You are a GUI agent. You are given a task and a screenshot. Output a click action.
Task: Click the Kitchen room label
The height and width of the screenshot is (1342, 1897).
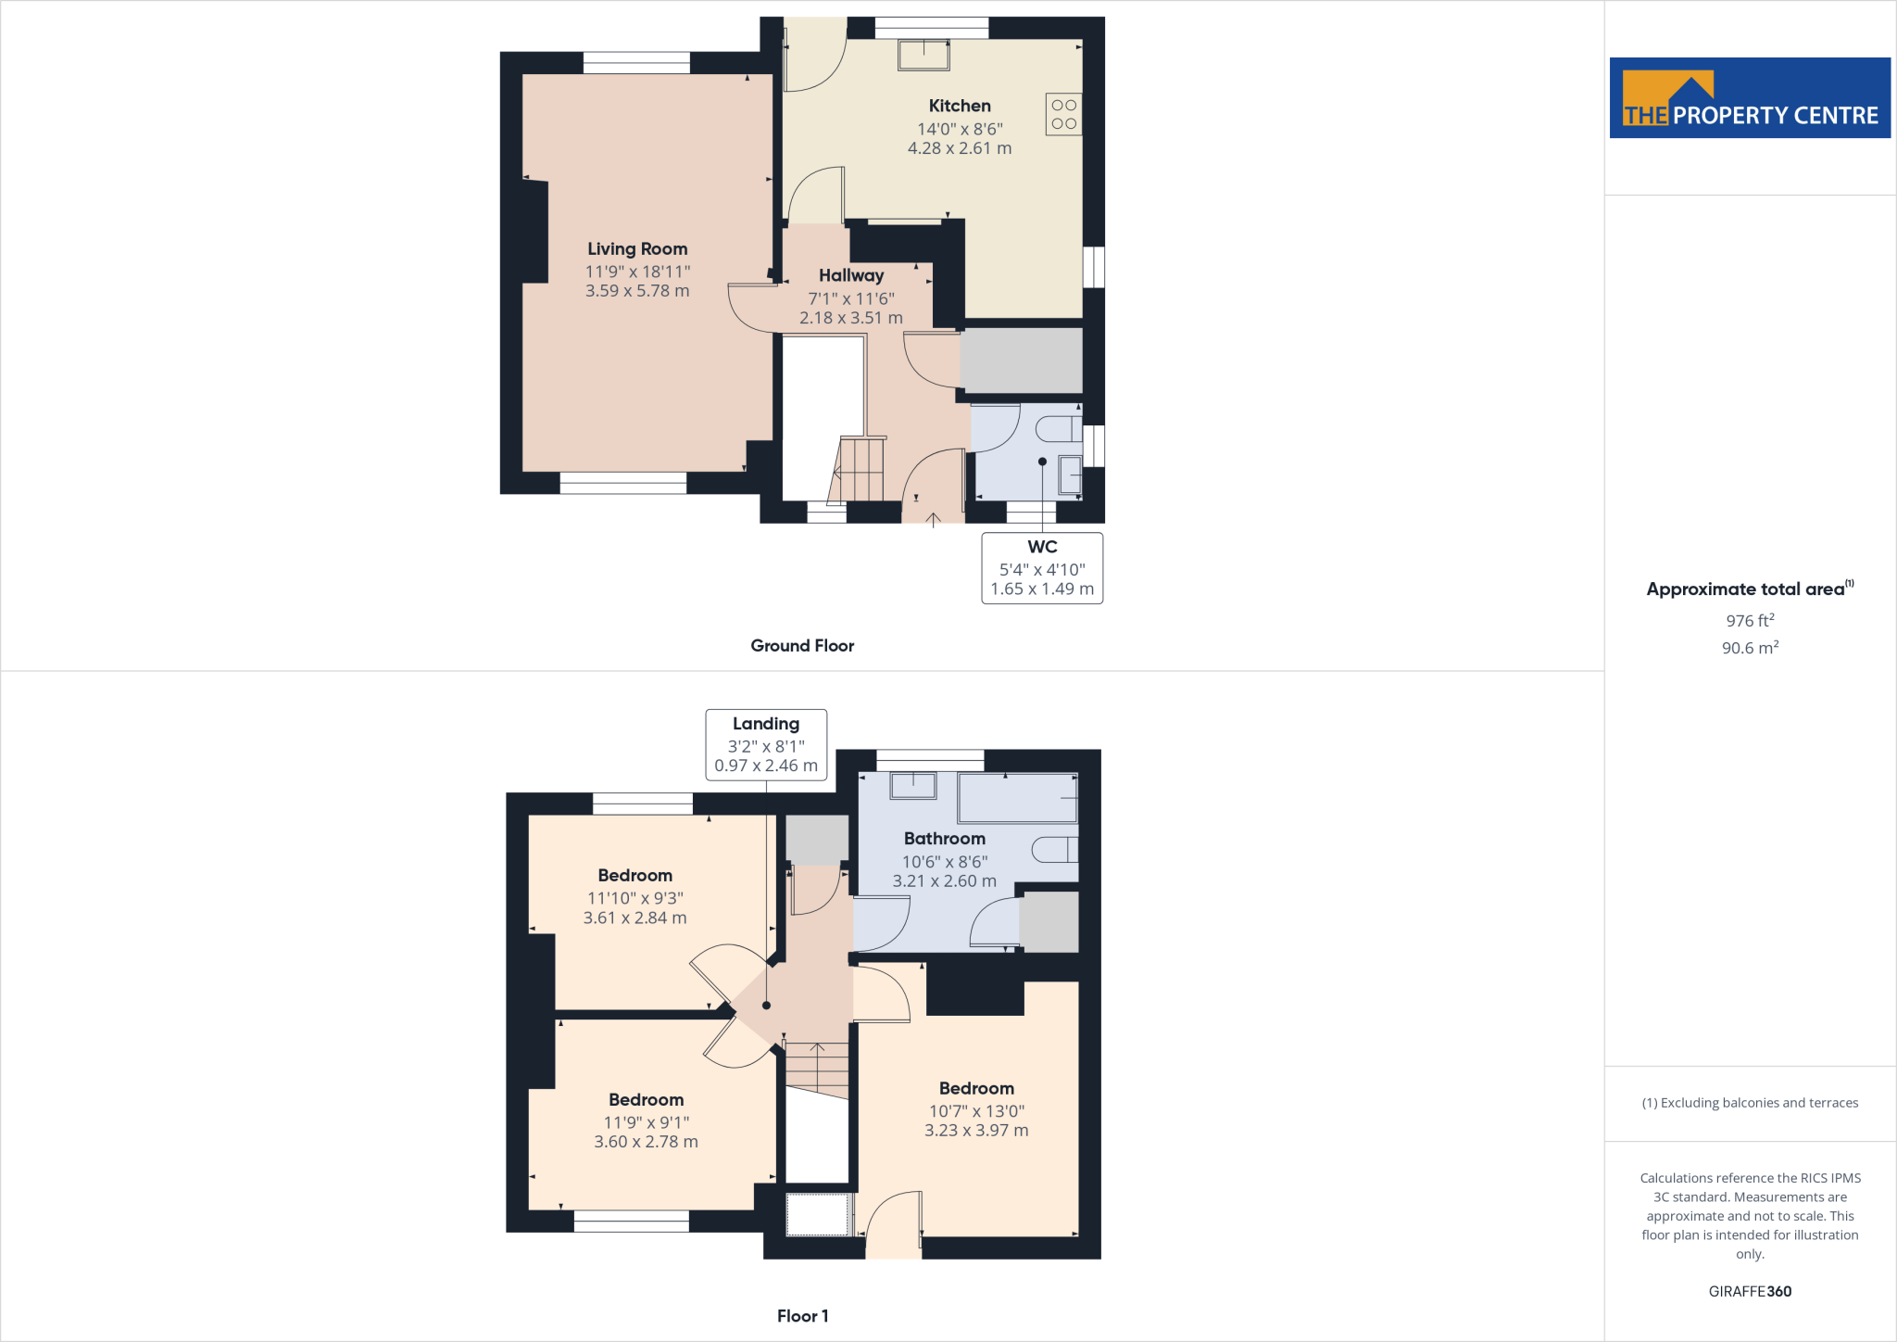click(x=960, y=106)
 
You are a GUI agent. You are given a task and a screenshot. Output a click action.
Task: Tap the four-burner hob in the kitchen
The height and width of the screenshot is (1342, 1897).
click(x=1063, y=114)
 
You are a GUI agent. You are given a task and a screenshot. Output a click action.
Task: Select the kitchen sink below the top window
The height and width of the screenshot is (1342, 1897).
click(x=923, y=55)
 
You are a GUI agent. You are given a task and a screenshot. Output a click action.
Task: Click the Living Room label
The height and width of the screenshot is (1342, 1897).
click(x=637, y=248)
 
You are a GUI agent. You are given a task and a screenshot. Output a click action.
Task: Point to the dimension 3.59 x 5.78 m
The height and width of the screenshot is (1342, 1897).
click(x=637, y=291)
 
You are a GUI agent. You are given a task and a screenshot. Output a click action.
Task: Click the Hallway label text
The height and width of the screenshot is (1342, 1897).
click(x=851, y=275)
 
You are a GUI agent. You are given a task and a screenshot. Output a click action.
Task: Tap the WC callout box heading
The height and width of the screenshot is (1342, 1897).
click(x=1042, y=547)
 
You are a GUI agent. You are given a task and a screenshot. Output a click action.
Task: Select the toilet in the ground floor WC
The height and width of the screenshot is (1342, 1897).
click(x=1058, y=429)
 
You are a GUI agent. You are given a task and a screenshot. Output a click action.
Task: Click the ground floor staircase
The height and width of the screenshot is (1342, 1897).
click(x=859, y=469)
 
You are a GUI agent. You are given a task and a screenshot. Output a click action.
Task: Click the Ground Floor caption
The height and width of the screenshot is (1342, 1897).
click(x=802, y=646)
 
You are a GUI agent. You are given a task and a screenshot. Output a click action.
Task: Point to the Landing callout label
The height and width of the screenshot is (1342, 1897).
click(x=766, y=724)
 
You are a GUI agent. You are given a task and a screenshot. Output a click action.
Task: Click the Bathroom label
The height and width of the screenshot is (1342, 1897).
click(x=945, y=839)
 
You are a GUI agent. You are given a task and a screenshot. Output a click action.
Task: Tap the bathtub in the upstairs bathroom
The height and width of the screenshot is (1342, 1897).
click(x=1017, y=798)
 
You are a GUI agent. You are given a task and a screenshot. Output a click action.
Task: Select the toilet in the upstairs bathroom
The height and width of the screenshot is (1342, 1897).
click(x=1055, y=849)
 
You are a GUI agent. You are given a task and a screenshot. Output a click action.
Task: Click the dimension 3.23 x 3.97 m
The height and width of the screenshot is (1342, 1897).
click(x=976, y=1131)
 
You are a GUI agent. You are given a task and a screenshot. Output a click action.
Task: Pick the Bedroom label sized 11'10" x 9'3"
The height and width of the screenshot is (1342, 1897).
click(x=635, y=876)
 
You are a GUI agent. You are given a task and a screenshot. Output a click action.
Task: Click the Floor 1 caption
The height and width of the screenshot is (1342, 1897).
click(x=802, y=1316)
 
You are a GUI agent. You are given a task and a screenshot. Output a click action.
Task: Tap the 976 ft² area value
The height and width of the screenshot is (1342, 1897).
click(x=1750, y=621)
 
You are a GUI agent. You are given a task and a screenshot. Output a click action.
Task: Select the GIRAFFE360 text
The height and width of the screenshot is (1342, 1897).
click(x=1750, y=1291)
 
